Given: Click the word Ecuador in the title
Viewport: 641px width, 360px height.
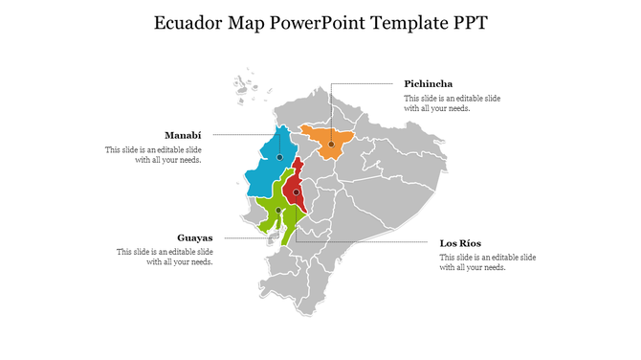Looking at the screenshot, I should click(x=188, y=22).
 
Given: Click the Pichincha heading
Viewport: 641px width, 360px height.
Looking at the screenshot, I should click(x=428, y=84).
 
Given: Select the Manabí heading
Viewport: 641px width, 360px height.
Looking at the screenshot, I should click(x=183, y=135).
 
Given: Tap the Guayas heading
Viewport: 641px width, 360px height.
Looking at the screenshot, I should click(x=194, y=237).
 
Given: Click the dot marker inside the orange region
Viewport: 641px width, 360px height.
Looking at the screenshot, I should click(x=330, y=146).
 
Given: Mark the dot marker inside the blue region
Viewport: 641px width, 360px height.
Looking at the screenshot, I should click(x=279, y=157).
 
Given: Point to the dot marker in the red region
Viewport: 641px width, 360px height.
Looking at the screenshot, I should click(x=297, y=192).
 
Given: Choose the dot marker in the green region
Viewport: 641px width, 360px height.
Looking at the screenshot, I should click(x=278, y=211).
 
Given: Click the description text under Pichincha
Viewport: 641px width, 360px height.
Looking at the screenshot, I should click(x=452, y=103).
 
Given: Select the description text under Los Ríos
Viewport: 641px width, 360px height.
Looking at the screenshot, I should click(x=487, y=262).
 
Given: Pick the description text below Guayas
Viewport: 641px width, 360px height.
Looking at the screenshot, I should click(x=165, y=257).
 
